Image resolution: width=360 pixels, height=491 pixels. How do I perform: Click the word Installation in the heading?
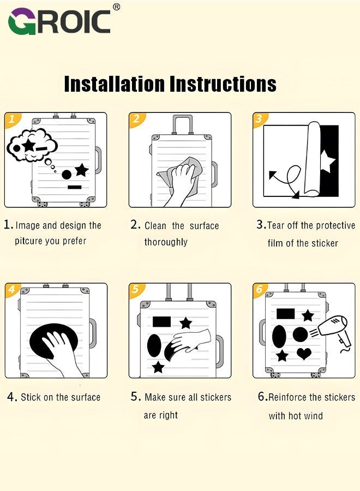pyautogui.click(x=114, y=83)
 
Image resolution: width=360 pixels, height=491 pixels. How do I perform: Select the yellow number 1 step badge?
pyautogui.click(x=13, y=119)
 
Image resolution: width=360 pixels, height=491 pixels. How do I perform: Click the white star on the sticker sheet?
pyautogui.click(x=328, y=161)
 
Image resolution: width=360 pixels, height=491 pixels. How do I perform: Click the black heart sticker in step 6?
pyautogui.click(x=304, y=354)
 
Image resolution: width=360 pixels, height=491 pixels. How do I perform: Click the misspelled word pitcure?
pyautogui.click(x=28, y=241)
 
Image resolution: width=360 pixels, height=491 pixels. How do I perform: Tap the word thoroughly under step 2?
pyautogui.click(x=166, y=242)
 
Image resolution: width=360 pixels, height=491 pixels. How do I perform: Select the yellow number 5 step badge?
pyautogui.click(x=136, y=289)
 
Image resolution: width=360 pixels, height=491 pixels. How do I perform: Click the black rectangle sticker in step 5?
pyautogui.click(x=161, y=321)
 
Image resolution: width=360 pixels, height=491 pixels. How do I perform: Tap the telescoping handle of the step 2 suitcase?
pyautogui.click(x=183, y=124)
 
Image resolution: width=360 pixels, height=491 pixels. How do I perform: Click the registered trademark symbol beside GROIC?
pyautogui.click(x=116, y=7)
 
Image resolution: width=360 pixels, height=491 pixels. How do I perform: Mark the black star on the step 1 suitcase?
pyautogui.click(x=82, y=170)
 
